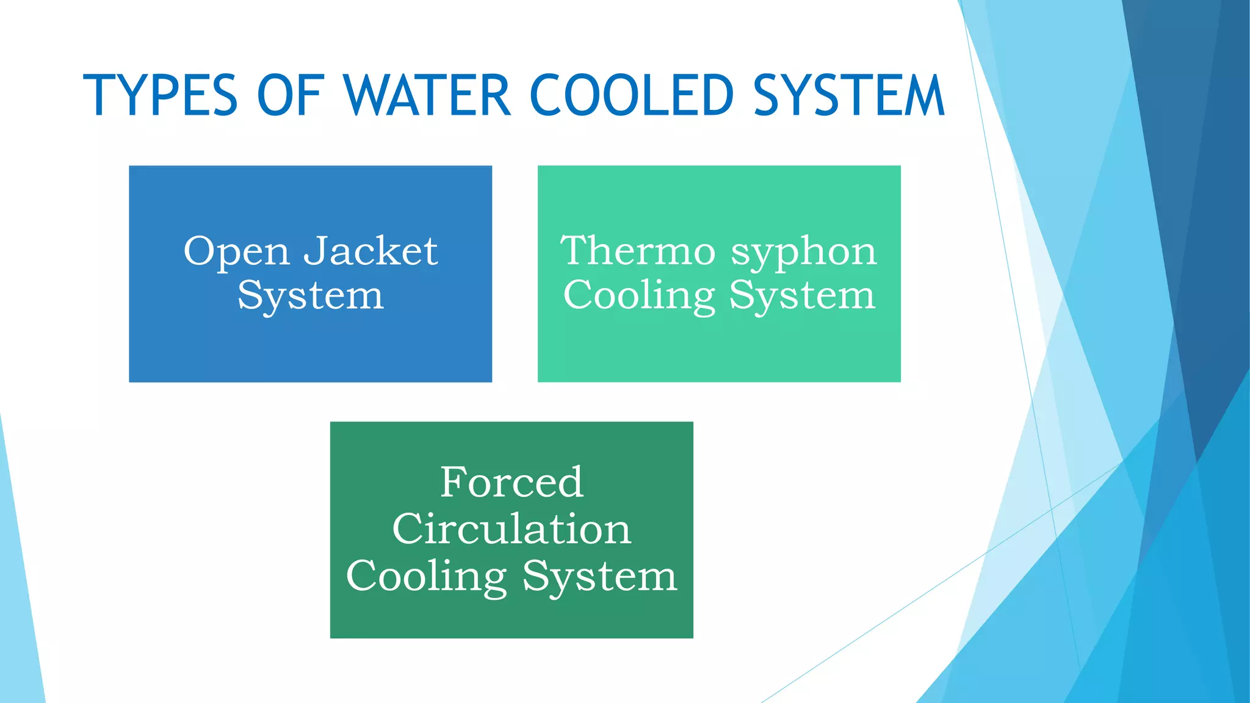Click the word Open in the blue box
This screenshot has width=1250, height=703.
[236, 252]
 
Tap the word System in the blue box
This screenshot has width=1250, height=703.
[311, 297]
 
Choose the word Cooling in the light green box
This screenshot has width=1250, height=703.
[638, 297]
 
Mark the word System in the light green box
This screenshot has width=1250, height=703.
[803, 297]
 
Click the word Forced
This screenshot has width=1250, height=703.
[511, 482]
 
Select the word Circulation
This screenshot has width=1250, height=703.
[511, 528]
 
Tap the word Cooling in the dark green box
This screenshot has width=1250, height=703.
[426, 577]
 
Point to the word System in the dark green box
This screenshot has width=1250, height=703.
[600, 577]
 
